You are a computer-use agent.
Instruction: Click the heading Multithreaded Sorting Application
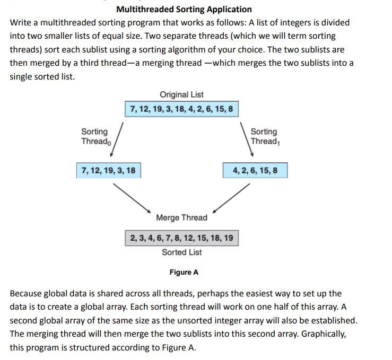184,9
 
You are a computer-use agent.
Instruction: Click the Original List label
181,94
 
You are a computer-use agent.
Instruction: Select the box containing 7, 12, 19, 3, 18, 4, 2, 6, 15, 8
181,109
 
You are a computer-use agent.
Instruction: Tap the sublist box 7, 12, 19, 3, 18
108,170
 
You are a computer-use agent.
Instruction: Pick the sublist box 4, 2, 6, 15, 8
255,170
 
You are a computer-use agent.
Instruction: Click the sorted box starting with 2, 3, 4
181,238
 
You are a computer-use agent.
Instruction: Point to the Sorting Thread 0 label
94,136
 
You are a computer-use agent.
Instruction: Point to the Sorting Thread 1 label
264,136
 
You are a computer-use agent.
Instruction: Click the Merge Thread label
181,217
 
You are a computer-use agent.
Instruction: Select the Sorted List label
181,252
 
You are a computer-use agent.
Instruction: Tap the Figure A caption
184,272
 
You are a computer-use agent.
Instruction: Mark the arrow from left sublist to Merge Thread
133,197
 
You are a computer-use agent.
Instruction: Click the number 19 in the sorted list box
228,238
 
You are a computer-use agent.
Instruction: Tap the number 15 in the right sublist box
263,170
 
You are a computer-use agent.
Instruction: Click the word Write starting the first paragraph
21,23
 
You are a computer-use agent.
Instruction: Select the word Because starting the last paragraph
25,293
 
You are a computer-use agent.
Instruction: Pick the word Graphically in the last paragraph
323,334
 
